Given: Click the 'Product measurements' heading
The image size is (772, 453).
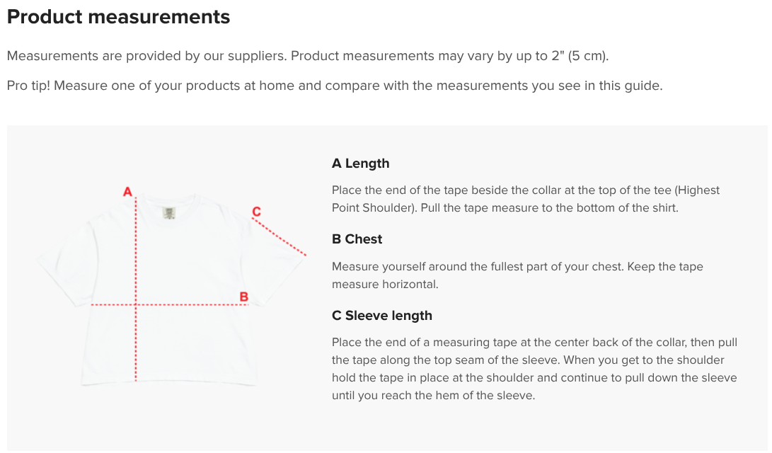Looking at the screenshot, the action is click(118, 17).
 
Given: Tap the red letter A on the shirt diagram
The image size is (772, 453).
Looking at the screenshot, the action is click(127, 192).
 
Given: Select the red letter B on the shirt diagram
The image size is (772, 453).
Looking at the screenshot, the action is click(243, 297).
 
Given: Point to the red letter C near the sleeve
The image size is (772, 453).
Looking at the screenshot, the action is click(257, 212).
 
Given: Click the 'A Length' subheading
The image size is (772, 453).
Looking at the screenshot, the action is click(360, 164).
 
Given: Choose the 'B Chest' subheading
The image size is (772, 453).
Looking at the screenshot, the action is click(357, 239).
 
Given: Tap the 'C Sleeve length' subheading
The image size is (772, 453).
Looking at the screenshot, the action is click(382, 316).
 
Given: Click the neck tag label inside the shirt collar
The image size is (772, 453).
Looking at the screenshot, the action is click(169, 213).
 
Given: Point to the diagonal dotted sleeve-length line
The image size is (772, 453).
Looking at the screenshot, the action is click(280, 237).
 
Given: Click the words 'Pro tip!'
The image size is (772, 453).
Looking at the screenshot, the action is click(28, 86).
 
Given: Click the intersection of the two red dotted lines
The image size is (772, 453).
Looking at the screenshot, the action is click(136, 305).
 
